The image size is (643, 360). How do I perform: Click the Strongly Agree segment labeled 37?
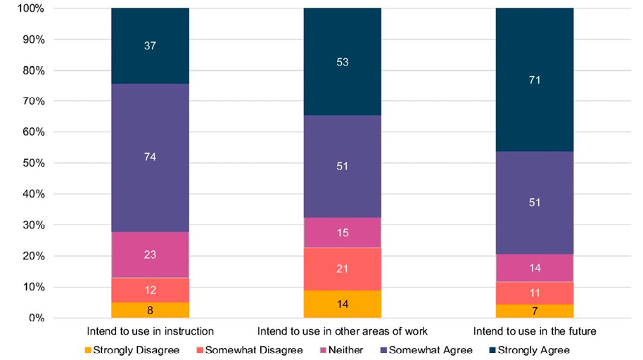point(150,46)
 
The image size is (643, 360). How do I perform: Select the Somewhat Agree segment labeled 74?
point(150,157)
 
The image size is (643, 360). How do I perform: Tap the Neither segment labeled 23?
point(150,255)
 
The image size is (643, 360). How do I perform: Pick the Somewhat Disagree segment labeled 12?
point(150,290)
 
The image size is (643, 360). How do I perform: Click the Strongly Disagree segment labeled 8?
point(150,310)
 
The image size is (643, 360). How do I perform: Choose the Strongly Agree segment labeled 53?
point(342,62)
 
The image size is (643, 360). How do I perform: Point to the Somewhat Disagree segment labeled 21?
point(342,269)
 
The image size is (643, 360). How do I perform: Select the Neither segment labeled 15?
point(342,232)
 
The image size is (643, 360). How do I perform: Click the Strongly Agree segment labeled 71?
point(534,79)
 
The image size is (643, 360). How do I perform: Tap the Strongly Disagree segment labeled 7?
point(534,311)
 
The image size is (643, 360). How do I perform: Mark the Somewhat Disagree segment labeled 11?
point(534,292)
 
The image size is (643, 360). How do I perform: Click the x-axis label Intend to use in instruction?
point(150,330)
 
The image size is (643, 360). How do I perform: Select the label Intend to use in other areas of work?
point(342,330)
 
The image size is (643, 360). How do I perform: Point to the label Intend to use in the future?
point(534,330)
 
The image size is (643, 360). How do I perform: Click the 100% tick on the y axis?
point(30,8)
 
